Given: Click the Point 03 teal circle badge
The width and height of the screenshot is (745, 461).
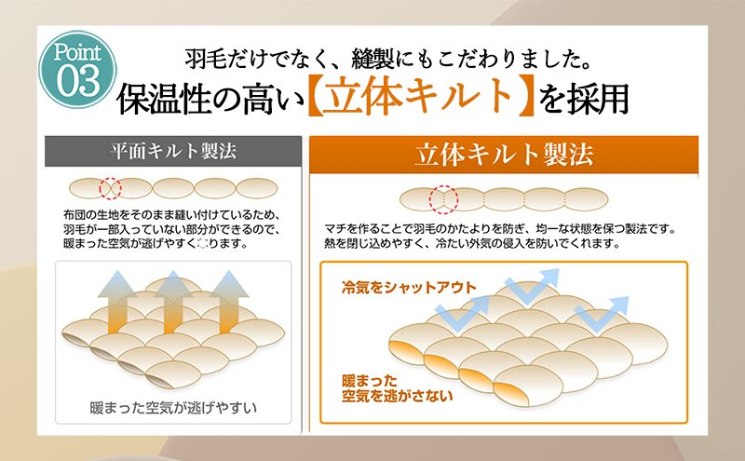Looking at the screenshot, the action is coord(77,70).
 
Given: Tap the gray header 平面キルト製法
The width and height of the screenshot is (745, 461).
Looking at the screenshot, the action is coord(173,151).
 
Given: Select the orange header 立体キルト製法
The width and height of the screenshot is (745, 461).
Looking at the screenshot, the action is coord(504,155).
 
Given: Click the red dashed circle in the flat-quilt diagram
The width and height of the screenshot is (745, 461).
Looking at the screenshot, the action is coord(110,189).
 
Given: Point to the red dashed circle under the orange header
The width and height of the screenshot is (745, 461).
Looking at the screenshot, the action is coord(444,199).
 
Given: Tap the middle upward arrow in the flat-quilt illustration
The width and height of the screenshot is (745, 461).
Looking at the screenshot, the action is coord(173,302).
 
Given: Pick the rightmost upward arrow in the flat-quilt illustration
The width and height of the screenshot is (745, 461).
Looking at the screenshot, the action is coord(228,302).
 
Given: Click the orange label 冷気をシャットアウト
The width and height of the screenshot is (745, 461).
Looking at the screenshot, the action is coord(409,287).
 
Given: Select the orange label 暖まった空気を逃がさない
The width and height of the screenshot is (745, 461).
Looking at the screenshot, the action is coord(397,388).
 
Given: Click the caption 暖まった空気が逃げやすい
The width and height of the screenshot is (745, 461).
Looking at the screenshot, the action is coord(173,408).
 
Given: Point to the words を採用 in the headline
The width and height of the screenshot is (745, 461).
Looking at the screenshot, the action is coord(584,98).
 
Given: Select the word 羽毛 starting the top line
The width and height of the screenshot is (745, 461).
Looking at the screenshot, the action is coord(206,59).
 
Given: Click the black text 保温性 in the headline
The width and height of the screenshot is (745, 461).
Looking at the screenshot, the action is coord(165,99).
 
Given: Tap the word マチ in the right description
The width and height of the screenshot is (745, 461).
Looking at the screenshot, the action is coord(335,228).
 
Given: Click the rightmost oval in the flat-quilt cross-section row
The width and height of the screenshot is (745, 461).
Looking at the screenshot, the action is coord(257,188).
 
